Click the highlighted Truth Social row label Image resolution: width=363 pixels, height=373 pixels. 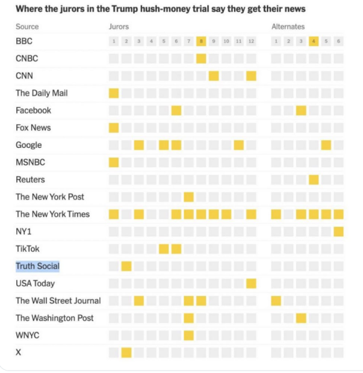(37, 266)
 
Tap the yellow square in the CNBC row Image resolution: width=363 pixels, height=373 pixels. (201, 58)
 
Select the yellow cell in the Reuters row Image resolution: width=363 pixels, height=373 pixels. (313, 180)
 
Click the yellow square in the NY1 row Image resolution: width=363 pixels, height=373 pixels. (338, 231)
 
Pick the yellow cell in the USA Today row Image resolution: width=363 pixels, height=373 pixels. (251, 283)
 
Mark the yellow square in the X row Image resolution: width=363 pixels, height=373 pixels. (126, 352)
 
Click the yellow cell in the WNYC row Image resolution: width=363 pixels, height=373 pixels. (189, 335)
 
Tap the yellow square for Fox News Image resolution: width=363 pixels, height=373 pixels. (114, 127)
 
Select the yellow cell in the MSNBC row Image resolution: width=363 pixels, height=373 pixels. (114, 162)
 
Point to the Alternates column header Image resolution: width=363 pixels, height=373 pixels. (288, 27)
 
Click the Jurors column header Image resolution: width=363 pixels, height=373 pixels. (119, 27)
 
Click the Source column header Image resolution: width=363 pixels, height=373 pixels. (27, 27)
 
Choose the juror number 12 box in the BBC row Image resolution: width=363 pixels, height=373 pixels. (251, 42)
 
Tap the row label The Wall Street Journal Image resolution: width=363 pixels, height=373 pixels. (58, 301)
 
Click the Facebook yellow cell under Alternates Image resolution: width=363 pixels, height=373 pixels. (301, 111)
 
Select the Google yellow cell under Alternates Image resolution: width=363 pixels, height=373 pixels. (326, 145)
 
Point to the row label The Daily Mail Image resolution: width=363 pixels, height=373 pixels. (42, 93)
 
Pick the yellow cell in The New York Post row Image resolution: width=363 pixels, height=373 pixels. (189, 197)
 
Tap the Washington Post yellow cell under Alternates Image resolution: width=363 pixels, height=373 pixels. (301, 318)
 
